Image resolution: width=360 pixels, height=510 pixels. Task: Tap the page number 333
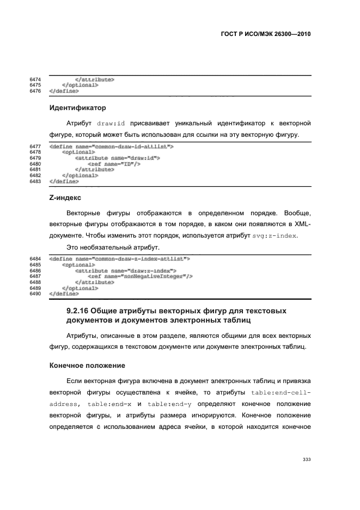[x=306, y=460]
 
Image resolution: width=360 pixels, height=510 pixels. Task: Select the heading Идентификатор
[x=77, y=108]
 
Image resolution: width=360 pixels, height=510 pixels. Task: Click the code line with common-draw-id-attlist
[x=111, y=147]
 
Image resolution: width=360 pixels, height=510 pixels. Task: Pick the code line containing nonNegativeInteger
[x=140, y=276]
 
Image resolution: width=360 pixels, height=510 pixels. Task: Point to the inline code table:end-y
[x=170, y=404]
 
